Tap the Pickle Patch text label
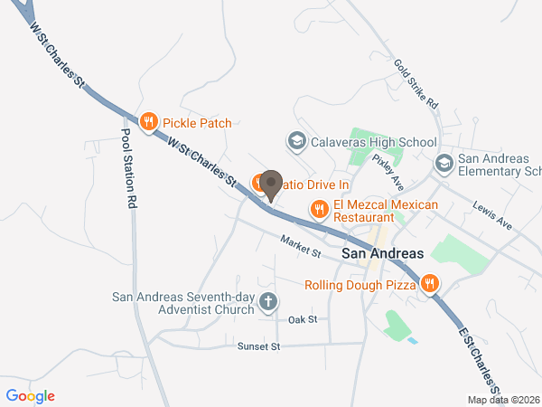pyautogui.click(x=197, y=123)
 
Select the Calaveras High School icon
pyautogui.click(x=296, y=142)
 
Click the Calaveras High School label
pyautogui.click(x=373, y=142)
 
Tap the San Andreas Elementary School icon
pyautogui.click(x=444, y=164)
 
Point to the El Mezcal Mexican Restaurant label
pyautogui.click(x=385, y=211)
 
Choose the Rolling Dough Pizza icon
pyautogui.click(x=430, y=284)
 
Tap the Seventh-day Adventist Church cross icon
pyautogui.click(x=267, y=302)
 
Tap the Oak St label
pyautogui.click(x=303, y=319)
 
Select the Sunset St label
pyautogui.click(x=259, y=346)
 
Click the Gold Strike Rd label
pyautogui.click(x=415, y=83)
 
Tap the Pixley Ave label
pyautogui.click(x=385, y=166)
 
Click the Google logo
pyautogui.click(x=31, y=395)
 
